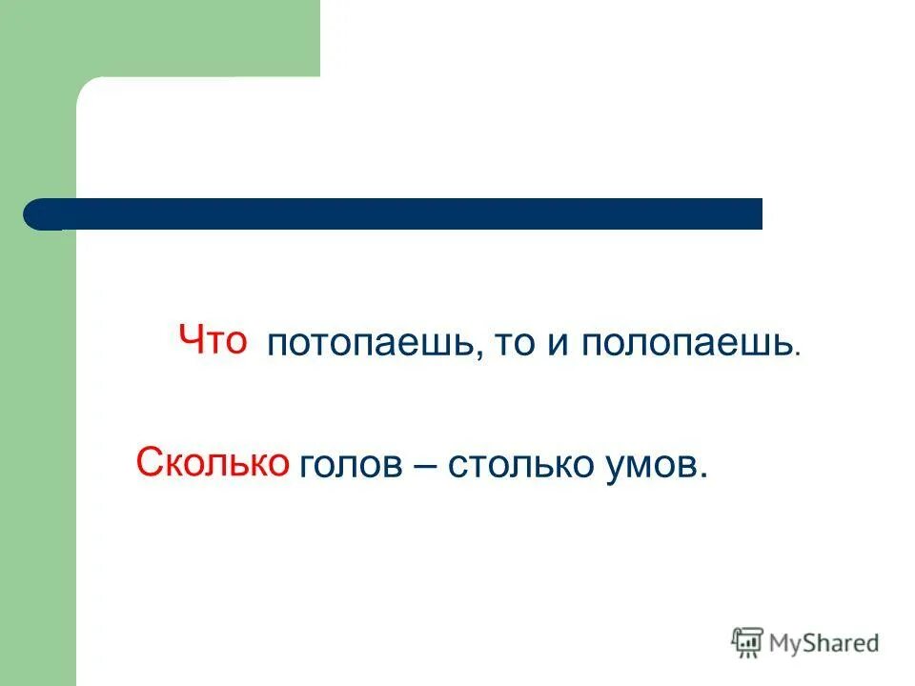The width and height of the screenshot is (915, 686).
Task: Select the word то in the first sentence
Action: coord(514,344)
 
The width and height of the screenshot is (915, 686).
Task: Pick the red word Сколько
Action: coord(213,463)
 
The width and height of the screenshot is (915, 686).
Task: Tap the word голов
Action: coord(349,466)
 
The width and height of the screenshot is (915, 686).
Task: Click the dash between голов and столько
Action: coord(423,467)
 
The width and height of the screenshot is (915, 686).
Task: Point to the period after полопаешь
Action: coord(798,354)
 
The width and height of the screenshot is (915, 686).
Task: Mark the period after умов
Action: coord(705,475)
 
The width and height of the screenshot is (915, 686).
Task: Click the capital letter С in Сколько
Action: coord(149,463)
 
